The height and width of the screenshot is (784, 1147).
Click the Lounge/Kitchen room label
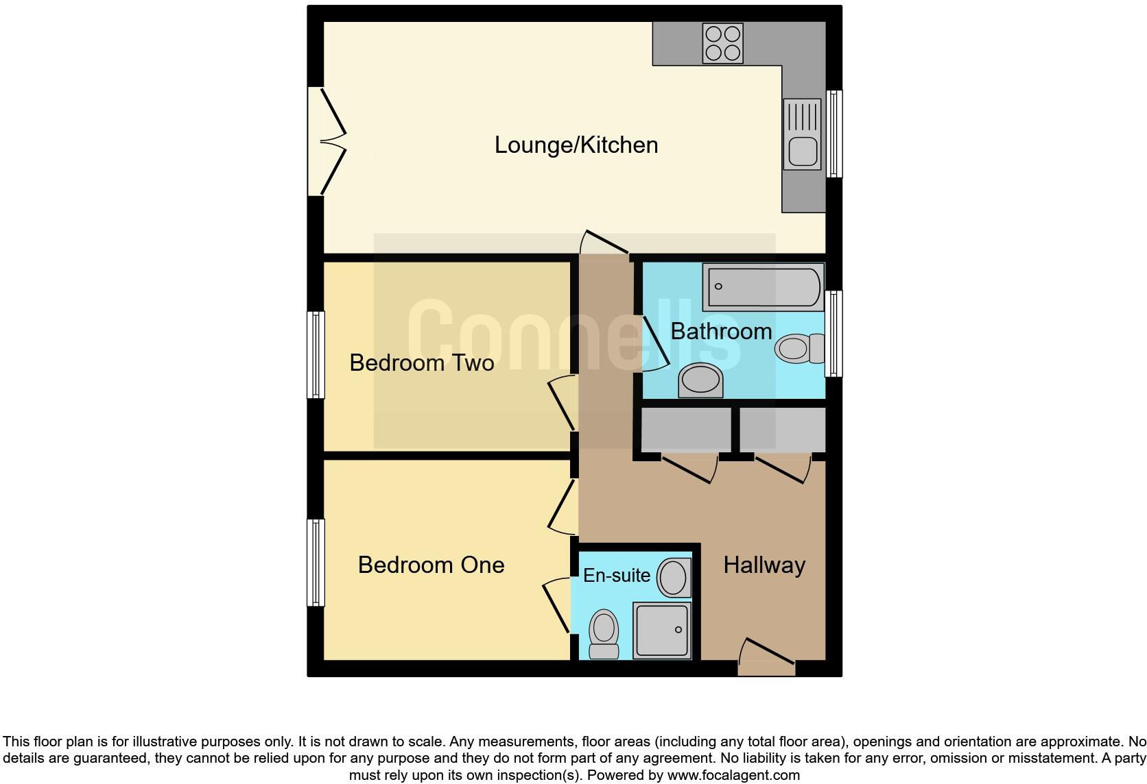coord(576,145)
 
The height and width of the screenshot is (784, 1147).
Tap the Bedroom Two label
coord(421,363)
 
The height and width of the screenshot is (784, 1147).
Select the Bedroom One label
coord(431,565)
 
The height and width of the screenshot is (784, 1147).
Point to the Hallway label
coord(764,565)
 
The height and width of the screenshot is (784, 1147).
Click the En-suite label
coord(616,575)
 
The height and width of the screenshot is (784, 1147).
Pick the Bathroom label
coord(721,331)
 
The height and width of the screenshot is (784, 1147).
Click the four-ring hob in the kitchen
coord(722,43)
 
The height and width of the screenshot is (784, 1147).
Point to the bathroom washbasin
coord(700,380)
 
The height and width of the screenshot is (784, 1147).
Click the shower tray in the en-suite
coord(661,630)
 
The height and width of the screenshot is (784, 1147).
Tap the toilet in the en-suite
coord(604,634)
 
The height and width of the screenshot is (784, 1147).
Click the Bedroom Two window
coord(315,354)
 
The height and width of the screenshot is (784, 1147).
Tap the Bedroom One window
coord(315,562)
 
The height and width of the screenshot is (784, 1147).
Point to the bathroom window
coord(833,334)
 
